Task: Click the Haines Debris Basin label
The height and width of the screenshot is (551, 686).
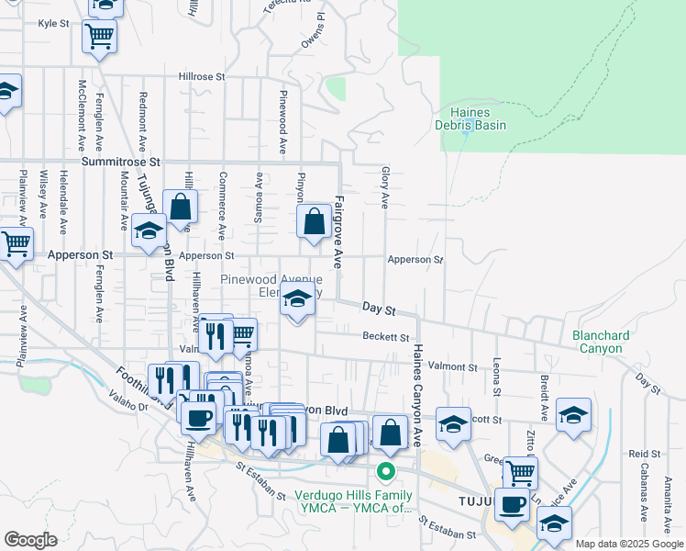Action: click(x=471, y=118)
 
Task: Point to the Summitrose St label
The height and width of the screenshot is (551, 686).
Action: click(x=120, y=161)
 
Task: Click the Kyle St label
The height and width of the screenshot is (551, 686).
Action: click(x=53, y=25)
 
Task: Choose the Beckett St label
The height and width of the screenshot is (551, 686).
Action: click(x=384, y=337)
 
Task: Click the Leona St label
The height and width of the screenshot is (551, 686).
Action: click(x=496, y=377)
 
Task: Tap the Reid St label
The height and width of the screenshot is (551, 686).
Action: click(x=645, y=455)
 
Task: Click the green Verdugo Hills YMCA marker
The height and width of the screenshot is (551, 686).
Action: click(x=386, y=472)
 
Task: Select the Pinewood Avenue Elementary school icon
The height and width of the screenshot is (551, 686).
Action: click(x=297, y=300)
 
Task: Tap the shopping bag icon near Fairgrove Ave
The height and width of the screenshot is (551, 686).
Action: click(x=315, y=221)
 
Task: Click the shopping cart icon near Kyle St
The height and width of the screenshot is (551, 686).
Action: click(x=99, y=37)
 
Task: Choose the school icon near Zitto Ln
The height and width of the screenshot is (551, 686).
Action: click(x=574, y=415)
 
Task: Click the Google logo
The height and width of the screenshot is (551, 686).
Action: click(x=29, y=540)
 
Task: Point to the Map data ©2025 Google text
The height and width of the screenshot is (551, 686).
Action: click(x=629, y=544)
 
